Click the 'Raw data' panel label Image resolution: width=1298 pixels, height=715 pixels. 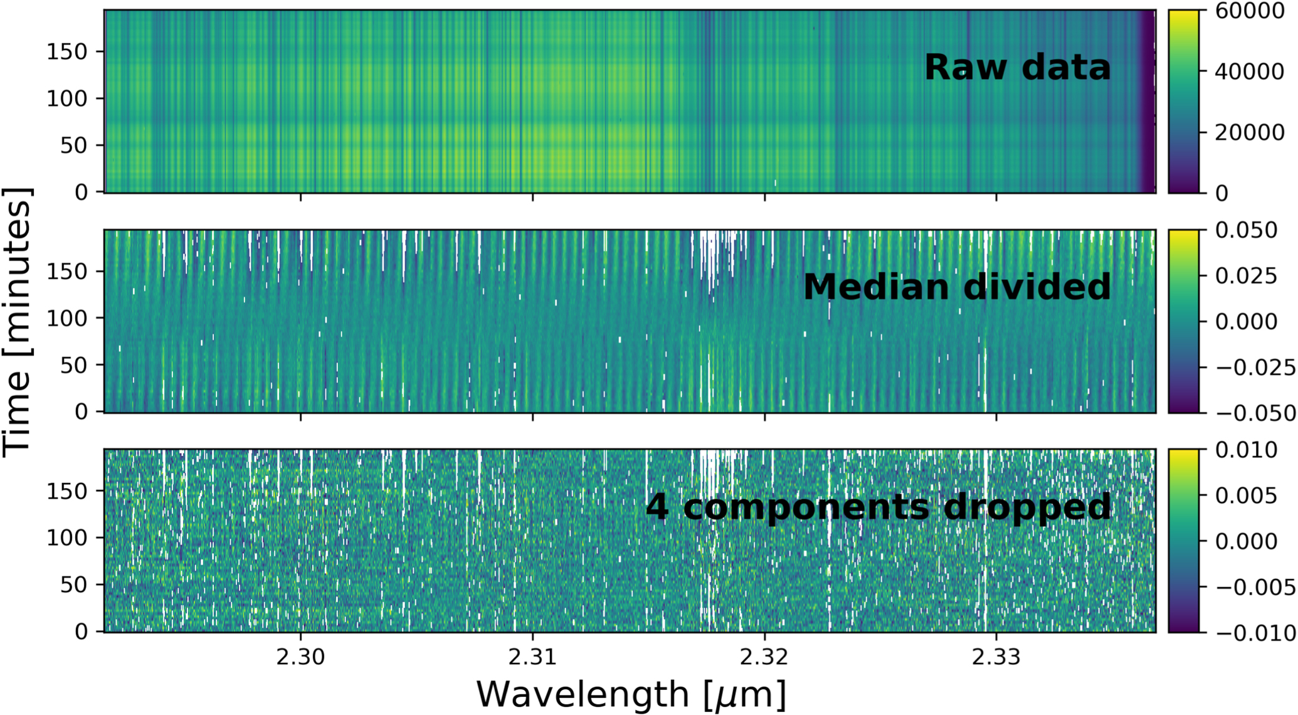[1016, 67]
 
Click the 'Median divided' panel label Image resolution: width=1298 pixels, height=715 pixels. [956, 287]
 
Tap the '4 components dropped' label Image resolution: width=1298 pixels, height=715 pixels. [878, 507]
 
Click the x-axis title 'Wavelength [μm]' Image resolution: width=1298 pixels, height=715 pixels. [631, 694]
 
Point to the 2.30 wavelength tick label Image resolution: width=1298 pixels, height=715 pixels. [301, 657]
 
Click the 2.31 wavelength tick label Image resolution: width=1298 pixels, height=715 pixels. [533, 657]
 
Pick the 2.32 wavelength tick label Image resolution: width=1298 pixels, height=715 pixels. [765, 657]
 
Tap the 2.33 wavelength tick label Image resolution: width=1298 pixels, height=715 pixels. [996, 657]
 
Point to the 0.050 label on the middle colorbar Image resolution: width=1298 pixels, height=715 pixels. [1246, 231]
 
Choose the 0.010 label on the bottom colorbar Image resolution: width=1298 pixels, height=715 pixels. [1246, 450]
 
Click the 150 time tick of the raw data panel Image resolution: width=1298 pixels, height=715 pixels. [66, 51]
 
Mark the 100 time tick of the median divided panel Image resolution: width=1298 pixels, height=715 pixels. [66, 319]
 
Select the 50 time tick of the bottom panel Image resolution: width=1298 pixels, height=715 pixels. [73, 585]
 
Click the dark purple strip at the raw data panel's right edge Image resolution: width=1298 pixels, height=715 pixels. [1147, 100]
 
